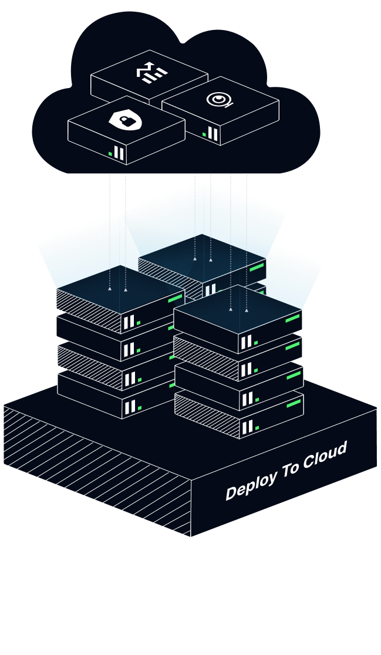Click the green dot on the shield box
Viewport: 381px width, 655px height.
[110, 154]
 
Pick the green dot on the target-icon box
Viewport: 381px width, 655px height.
[204, 135]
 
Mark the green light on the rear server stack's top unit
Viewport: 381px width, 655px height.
[257, 268]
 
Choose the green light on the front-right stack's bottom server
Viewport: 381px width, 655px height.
[293, 404]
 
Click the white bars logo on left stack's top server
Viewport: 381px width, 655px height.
[129, 322]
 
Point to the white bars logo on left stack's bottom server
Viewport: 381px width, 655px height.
[129, 406]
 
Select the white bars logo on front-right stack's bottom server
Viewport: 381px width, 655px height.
[247, 426]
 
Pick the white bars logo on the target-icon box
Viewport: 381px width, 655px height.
[213, 134]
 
